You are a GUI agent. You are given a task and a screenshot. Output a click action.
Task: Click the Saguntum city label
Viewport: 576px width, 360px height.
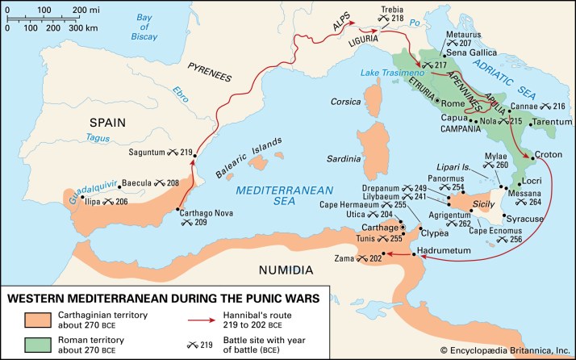(152, 153)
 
